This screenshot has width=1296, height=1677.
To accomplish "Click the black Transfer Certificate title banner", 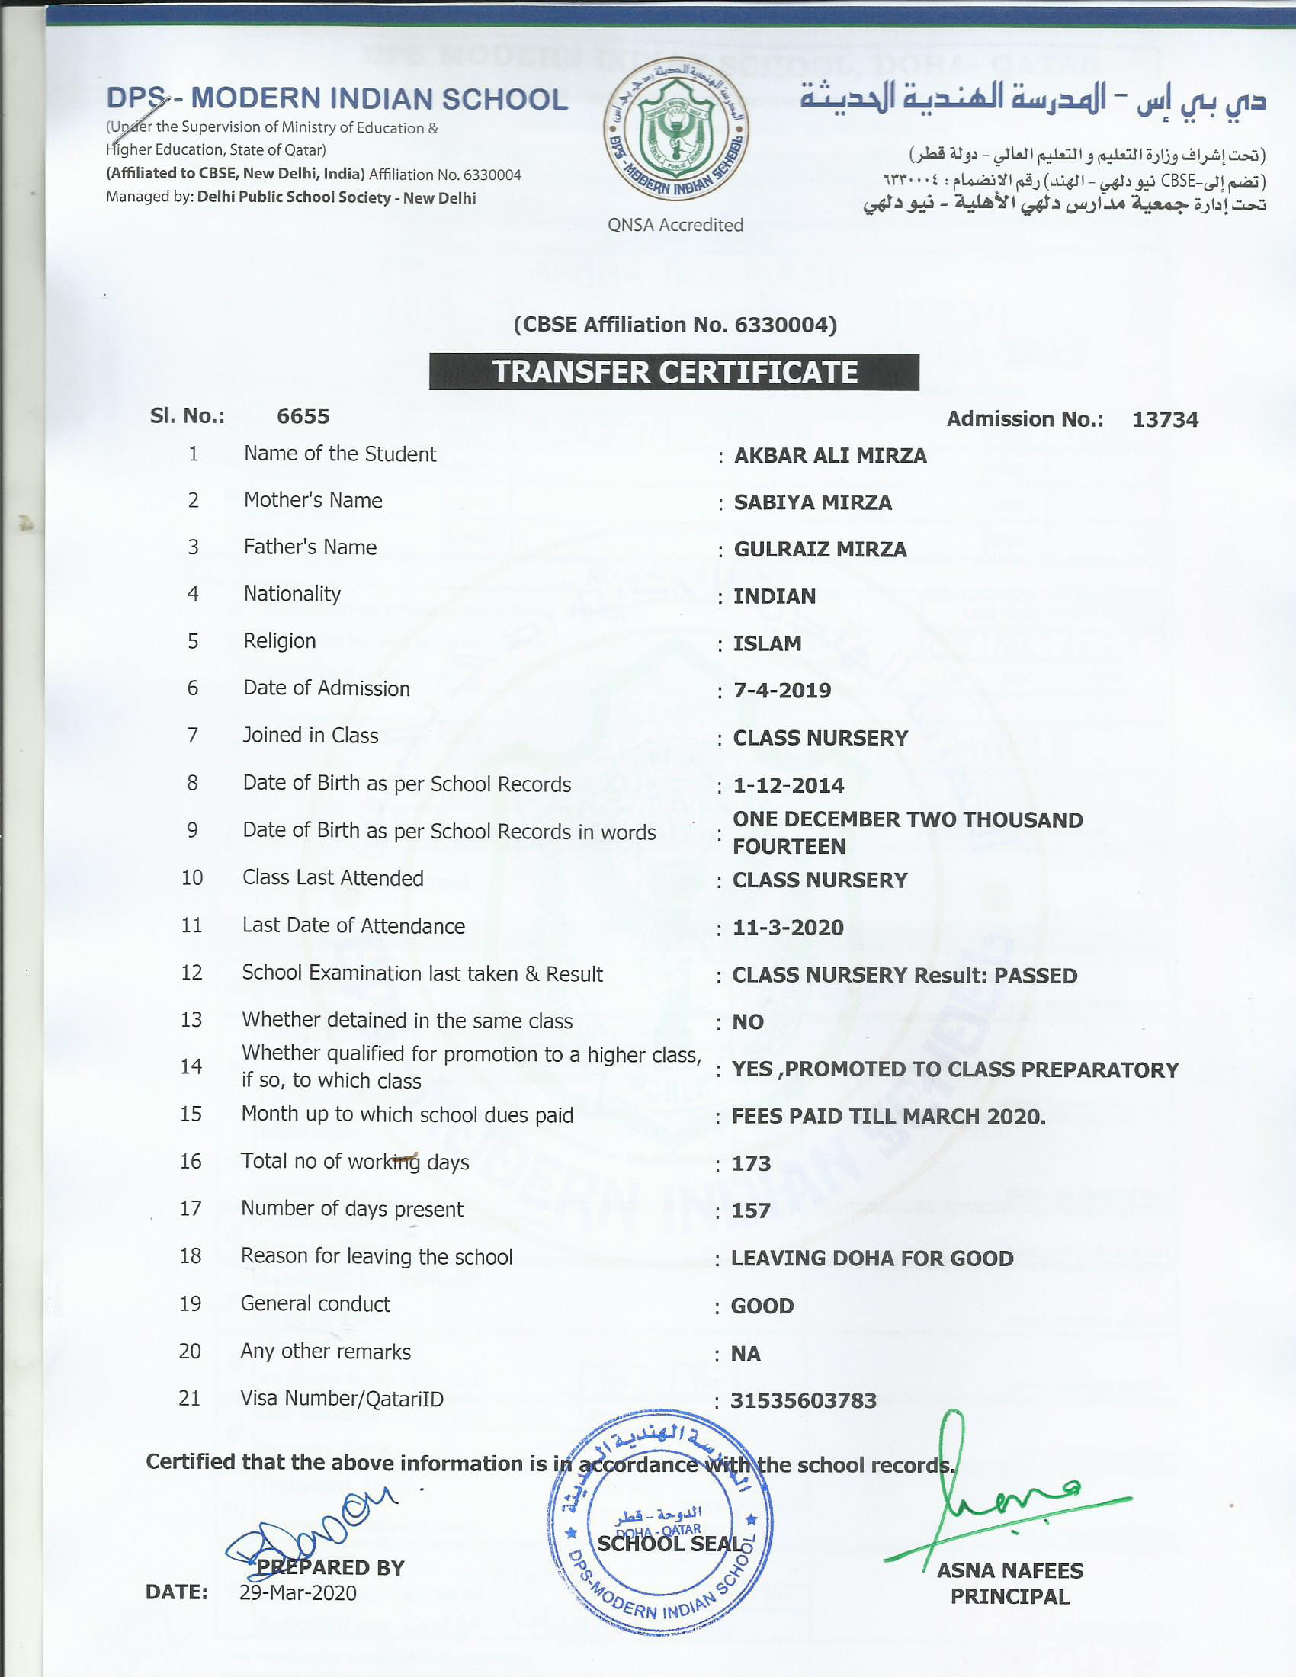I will click(x=673, y=372).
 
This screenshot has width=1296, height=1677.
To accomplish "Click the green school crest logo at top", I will click(x=675, y=130).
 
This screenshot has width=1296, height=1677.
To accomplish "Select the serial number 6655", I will click(x=303, y=416).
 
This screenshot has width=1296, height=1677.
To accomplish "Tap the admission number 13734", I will click(x=1165, y=419).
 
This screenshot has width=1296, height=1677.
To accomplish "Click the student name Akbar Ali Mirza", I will click(x=830, y=455).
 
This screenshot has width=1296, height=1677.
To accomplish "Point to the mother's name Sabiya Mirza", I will click(x=813, y=502).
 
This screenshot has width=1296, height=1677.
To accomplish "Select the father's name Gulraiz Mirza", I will click(x=820, y=549).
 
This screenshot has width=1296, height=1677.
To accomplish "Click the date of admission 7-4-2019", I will click(x=781, y=691).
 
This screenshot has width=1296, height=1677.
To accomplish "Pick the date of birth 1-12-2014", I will click(x=788, y=785).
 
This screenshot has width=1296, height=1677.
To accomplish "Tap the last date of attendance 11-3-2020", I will click(x=788, y=928).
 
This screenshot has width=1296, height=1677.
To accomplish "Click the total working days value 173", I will click(x=751, y=1163).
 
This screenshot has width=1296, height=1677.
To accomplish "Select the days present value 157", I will click(x=751, y=1211).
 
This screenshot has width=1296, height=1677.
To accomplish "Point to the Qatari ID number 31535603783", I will click(x=803, y=1400).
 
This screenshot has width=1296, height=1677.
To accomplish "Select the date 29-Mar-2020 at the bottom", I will click(x=298, y=1592).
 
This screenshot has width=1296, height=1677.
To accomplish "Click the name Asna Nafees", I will click(x=1009, y=1570).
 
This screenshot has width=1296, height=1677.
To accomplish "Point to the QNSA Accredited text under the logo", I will click(x=675, y=225).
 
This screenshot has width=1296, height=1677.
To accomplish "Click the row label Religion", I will click(x=280, y=641).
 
